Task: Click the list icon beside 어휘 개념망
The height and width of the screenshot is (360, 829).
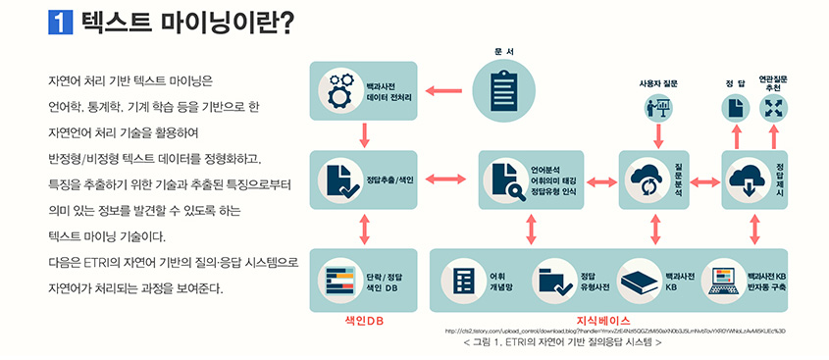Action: point(463,279)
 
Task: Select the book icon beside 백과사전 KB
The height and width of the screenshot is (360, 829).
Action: point(639,280)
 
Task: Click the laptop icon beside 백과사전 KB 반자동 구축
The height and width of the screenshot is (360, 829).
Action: point(725,280)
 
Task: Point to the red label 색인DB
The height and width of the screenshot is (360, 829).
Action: point(362,320)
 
